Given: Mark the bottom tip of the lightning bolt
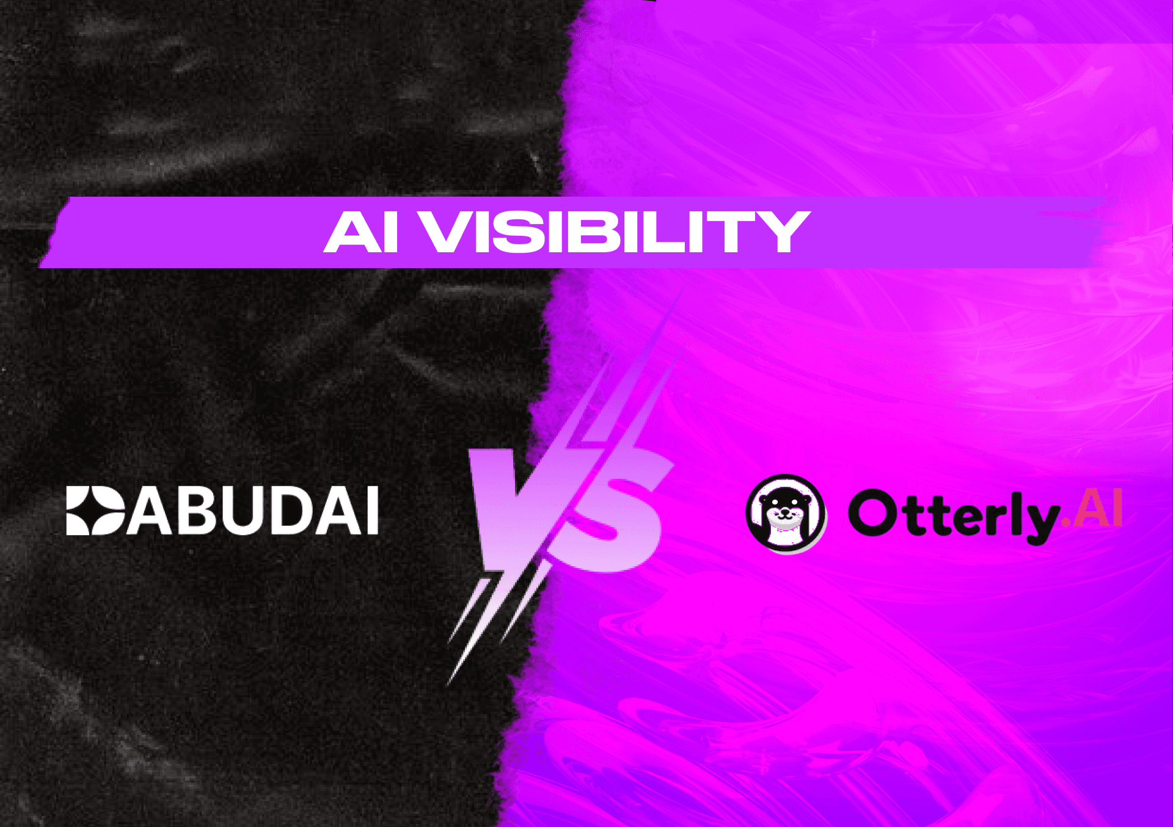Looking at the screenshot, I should [449, 683].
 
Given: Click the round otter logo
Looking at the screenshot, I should [786, 514].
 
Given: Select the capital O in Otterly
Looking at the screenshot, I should [872, 513].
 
